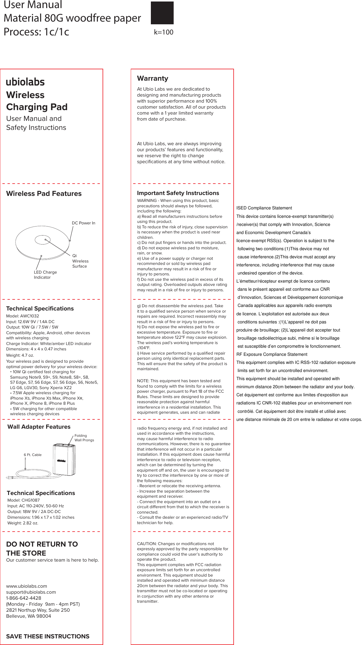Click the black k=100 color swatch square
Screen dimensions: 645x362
[162, 13]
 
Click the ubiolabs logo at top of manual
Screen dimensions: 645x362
[25, 82]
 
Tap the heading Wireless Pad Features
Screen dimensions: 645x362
[44, 194]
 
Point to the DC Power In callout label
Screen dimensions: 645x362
[83, 223]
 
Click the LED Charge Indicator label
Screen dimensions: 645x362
[45, 275]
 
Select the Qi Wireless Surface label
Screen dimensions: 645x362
[80, 261]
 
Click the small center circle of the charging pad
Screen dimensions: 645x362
[42, 240]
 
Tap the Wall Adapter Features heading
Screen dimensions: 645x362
[39, 427]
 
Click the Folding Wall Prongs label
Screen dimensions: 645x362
[84, 438]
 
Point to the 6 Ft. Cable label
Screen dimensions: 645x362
[33, 455]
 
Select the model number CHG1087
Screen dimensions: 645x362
[31, 500]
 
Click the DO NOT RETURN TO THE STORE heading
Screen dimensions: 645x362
[42, 548]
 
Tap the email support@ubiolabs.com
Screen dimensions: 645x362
[31, 592]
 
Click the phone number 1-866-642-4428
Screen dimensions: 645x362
[24, 598]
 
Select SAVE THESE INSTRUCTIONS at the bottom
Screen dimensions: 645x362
[48, 637]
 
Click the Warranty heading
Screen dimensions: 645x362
[152, 79]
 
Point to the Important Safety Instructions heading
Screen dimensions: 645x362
[178, 193]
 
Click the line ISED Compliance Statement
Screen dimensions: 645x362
[264, 208]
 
